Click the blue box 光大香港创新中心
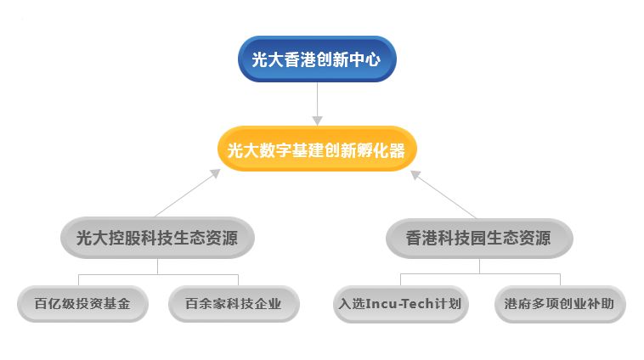tap(317, 59)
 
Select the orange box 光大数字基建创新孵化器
tap(317, 149)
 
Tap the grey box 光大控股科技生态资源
tap(157, 238)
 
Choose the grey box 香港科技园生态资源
tap(479, 239)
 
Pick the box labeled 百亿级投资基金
tap(82, 304)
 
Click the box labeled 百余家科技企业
tap(234, 304)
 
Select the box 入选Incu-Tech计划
tap(400, 304)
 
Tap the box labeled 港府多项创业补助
tap(560, 304)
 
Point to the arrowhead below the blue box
tap(317, 121)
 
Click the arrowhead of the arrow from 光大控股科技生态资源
tap(215, 173)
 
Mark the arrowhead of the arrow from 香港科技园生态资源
tap(415, 175)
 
